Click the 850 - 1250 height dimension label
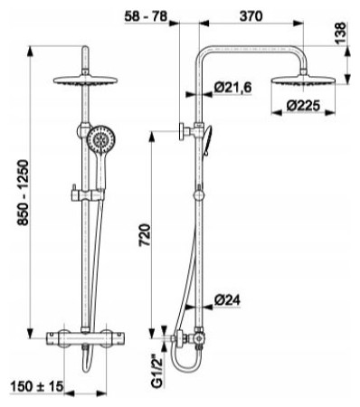coord(24,193)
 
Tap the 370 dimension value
coord(251,16)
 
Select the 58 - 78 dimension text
coord(146,16)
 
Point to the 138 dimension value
coord(341,33)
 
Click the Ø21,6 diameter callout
coord(232,88)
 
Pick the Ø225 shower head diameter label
coord(303,106)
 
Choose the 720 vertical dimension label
coord(145,235)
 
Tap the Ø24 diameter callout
coord(228,299)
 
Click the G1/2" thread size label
coord(157,370)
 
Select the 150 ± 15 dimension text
coord(37,386)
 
